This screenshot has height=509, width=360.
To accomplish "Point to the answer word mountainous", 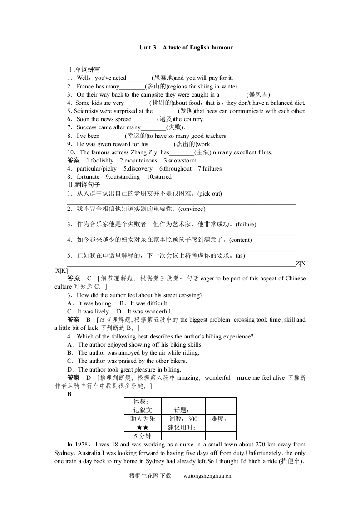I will (x=140, y=161).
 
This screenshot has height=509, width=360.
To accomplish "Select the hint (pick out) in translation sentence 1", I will (x=210, y=194).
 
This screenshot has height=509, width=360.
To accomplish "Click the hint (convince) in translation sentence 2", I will (x=192, y=209).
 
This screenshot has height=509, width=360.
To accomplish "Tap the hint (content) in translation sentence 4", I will (x=241, y=240).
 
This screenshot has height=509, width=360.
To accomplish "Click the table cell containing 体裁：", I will (x=141, y=402).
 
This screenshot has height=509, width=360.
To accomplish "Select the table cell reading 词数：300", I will (x=183, y=419).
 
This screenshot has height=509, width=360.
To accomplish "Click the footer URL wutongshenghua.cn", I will (x=207, y=476).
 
